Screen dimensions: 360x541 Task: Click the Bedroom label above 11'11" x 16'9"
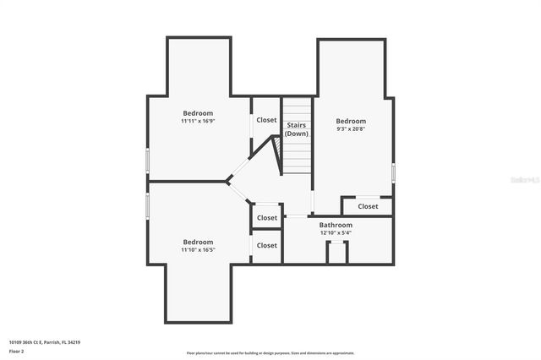click(198, 112)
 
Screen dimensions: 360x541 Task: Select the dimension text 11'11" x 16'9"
click(198, 121)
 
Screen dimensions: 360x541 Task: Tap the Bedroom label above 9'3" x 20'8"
click(351, 121)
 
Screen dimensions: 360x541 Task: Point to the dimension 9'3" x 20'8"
click(351, 129)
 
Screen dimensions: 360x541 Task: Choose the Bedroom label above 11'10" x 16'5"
click(198, 242)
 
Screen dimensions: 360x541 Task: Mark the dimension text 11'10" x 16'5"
click(198, 250)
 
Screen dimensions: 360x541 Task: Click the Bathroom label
click(336, 225)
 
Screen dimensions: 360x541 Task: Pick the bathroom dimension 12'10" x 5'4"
click(336, 233)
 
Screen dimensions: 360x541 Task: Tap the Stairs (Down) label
click(296, 129)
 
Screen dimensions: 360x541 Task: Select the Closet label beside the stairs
click(266, 120)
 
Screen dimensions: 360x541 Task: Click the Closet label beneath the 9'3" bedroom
click(368, 206)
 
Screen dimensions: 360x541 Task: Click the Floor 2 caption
click(17, 351)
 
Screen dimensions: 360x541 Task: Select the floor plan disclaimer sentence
click(270, 353)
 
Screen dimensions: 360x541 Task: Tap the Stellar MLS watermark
click(525, 179)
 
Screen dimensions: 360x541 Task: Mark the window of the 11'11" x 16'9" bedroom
click(147, 161)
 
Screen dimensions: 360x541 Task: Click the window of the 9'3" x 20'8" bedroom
click(393, 172)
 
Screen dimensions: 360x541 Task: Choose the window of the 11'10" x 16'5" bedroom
click(147, 205)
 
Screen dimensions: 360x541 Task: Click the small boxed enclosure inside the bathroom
click(336, 252)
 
